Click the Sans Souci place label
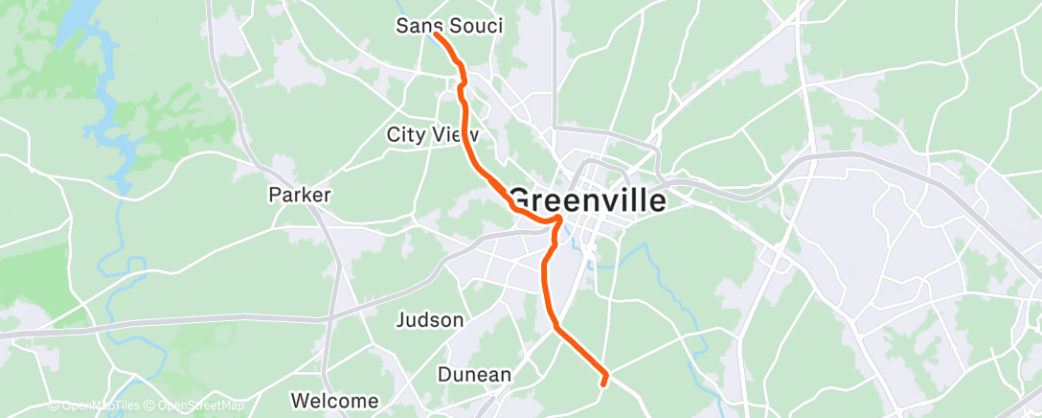(x=449, y=26)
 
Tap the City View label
(x=432, y=134)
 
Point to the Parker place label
(x=299, y=195)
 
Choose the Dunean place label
(x=474, y=375)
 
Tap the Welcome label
(x=334, y=401)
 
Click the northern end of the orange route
(x=436, y=34)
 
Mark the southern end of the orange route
(x=602, y=383)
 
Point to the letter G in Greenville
(x=520, y=199)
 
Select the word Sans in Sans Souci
(x=418, y=26)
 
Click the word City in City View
(x=403, y=134)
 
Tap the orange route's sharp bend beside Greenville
(x=557, y=221)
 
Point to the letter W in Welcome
(x=299, y=401)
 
